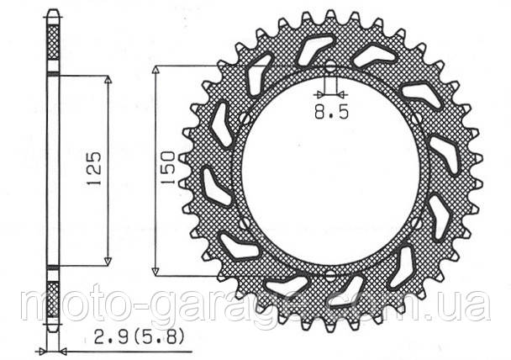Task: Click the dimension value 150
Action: tap(167, 168)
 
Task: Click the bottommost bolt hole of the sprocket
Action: tap(329, 275)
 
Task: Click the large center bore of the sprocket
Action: tap(329, 171)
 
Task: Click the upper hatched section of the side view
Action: tap(53, 42)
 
